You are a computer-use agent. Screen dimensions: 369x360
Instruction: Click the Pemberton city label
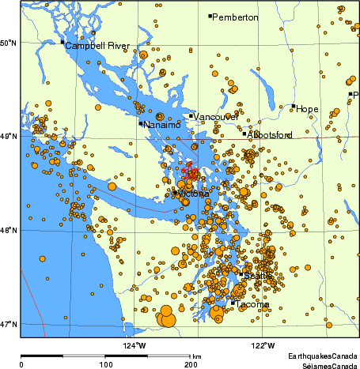point(236,17)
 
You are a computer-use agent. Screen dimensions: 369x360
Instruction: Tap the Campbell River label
point(97,46)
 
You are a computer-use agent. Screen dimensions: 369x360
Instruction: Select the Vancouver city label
point(216,117)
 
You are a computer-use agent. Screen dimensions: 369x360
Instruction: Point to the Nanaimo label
point(165,124)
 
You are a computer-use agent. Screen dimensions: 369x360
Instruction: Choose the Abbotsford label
point(269,135)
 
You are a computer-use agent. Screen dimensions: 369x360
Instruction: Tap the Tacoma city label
point(253,304)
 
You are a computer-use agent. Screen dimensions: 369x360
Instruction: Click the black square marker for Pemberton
point(210,16)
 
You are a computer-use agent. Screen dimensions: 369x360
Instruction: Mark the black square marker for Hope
point(294,106)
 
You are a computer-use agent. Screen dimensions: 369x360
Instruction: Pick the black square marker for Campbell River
point(63,42)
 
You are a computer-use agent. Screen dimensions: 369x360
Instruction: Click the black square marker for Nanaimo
point(141,123)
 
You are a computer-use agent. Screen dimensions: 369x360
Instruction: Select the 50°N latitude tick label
point(9,43)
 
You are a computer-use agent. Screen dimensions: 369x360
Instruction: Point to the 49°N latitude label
point(9,137)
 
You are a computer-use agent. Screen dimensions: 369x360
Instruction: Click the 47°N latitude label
point(9,324)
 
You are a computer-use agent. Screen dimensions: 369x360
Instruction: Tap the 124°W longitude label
point(135,345)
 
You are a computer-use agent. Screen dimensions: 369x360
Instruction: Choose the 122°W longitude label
point(263,345)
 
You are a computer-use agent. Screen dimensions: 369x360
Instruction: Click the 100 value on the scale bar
point(105,365)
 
